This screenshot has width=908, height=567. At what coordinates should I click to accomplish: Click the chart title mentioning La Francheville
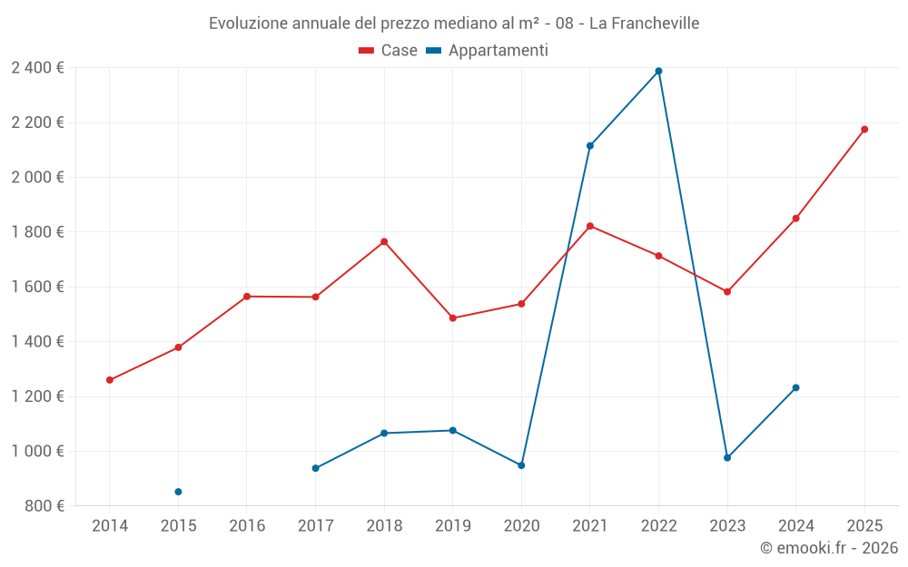click(x=454, y=24)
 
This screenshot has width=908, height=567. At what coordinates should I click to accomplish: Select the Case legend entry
click(x=388, y=51)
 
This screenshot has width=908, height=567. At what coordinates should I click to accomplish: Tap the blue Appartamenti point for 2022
click(x=658, y=71)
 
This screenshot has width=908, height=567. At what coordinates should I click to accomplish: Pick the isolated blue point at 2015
click(x=178, y=492)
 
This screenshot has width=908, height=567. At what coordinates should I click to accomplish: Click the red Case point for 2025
click(x=864, y=130)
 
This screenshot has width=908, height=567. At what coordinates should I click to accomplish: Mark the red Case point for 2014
click(x=110, y=380)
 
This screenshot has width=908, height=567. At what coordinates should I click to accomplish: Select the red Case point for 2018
click(x=384, y=241)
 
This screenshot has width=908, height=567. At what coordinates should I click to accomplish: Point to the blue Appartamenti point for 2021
click(x=590, y=146)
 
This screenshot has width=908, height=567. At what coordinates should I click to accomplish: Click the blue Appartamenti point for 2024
click(x=795, y=387)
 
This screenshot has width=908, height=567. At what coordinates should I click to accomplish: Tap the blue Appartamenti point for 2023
click(x=727, y=458)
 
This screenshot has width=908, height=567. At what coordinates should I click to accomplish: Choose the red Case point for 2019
click(x=453, y=318)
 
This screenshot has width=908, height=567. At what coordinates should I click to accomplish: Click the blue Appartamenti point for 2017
click(x=315, y=468)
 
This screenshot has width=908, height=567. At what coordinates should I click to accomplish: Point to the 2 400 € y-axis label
click(x=37, y=68)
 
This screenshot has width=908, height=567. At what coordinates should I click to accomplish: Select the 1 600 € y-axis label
click(x=37, y=287)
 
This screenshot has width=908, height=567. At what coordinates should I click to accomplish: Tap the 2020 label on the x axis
click(x=521, y=526)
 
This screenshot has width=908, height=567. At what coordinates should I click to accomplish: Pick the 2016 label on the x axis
click(x=247, y=526)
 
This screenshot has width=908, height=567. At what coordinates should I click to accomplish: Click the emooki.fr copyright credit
click(x=828, y=548)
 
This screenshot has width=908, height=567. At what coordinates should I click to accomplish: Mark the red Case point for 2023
click(x=727, y=292)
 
